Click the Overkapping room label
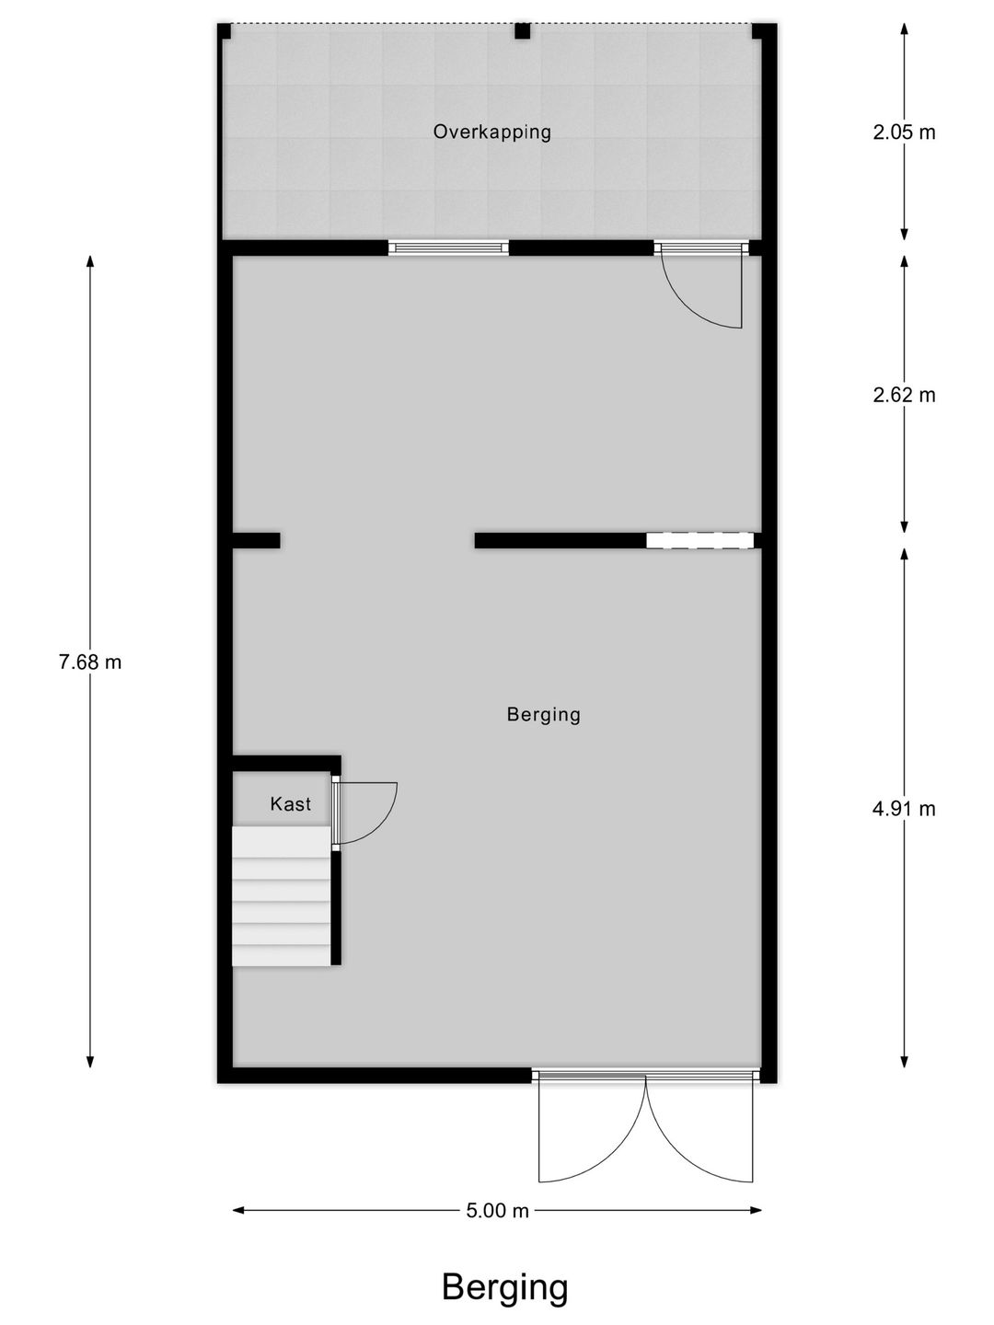492,132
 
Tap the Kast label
290,804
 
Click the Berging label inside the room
543,714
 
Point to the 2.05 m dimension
904,132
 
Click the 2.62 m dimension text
904,395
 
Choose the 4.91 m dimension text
904,809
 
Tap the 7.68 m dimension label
90,662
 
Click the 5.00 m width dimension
497,1211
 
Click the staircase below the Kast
281,896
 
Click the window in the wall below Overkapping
448,248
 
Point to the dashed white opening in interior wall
699,541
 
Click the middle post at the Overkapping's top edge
522,31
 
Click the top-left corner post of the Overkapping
224,31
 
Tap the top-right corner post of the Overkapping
761,31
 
